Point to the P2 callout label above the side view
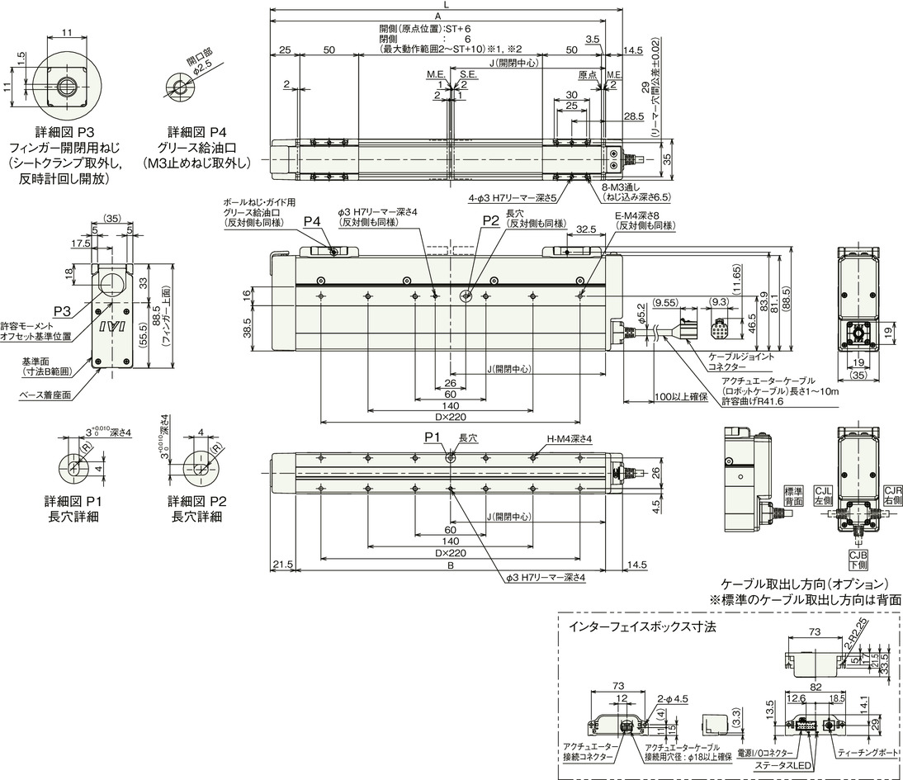click(490, 221)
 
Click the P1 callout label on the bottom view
click(433, 436)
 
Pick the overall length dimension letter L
click(447, 6)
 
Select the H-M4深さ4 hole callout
click(568, 438)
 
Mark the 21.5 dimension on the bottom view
click(282, 565)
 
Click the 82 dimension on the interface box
click(816, 687)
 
